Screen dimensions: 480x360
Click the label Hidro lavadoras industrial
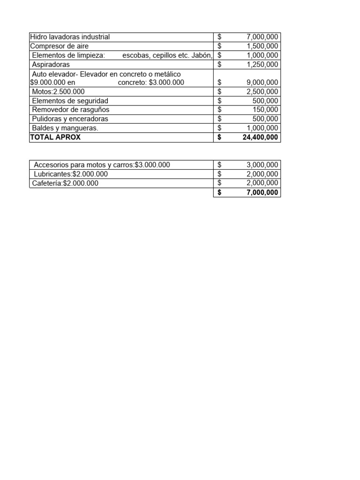click(70, 37)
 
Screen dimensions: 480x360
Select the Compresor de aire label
click(59, 46)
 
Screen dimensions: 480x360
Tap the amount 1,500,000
click(262, 46)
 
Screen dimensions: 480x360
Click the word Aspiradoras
click(51, 64)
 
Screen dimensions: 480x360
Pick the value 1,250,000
click(262, 64)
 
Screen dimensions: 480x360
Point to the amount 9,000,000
click(262, 82)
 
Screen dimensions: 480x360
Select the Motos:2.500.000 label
click(58, 91)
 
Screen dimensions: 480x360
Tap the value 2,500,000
click(262, 91)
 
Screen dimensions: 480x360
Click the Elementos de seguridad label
click(70, 101)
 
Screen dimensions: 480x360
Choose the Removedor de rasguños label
click(70, 110)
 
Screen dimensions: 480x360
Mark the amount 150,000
click(265, 110)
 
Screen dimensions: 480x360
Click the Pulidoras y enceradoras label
click(70, 119)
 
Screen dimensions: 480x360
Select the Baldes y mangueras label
click(65, 128)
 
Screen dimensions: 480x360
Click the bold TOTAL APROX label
click(55, 137)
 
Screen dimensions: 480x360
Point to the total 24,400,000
click(260, 137)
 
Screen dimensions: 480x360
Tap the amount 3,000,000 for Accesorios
click(262, 165)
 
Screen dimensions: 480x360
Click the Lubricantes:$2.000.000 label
click(70, 174)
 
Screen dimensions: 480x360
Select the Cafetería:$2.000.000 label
click(65, 183)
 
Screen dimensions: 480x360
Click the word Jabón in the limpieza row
click(202, 55)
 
